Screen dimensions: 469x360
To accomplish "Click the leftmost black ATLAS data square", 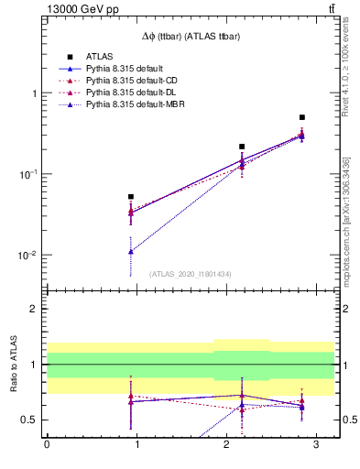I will tap(131, 197).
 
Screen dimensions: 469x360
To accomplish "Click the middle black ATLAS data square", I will tap(242, 147).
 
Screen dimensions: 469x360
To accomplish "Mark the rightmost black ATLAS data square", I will tap(302, 117).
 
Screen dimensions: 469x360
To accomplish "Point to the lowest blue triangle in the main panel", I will tap(131, 251).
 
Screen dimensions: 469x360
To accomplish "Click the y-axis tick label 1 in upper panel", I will tap(34, 93).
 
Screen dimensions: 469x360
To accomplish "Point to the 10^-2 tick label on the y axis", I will tap(27, 256).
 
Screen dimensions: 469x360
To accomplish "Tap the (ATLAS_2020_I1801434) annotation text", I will tap(191, 274).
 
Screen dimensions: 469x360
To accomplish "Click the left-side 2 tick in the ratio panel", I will tap(34, 310).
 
